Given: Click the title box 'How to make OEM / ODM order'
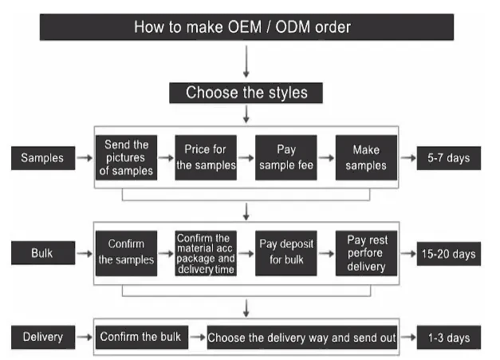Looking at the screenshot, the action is [246, 27].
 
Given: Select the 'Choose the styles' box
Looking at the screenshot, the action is [246, 93].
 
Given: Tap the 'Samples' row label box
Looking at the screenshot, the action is [43, 158].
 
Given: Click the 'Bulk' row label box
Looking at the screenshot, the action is [43, 253].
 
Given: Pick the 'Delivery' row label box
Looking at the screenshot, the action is [43, 337].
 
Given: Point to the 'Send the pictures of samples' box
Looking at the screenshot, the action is [126, 158].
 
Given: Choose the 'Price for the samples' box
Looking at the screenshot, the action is [206, 158].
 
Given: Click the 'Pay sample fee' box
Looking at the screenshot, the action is [286, 158].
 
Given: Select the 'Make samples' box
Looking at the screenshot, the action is [366, 158].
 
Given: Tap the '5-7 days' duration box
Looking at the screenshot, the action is [449, 158].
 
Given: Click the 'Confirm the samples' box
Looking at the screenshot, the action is [126, 253].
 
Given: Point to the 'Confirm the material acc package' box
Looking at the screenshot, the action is [206, 253].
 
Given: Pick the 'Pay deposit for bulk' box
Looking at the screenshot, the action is [286, 253].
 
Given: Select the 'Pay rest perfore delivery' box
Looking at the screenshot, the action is [366, 253].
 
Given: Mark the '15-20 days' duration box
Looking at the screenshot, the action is [449, 254].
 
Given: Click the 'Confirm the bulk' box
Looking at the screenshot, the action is [142, 337].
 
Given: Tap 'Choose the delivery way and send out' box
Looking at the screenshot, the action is [302, 338].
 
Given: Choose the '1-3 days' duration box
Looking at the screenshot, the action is [449, 338].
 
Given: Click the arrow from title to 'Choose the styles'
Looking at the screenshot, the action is [246, 61].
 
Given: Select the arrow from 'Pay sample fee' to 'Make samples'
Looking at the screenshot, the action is [326, 158].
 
